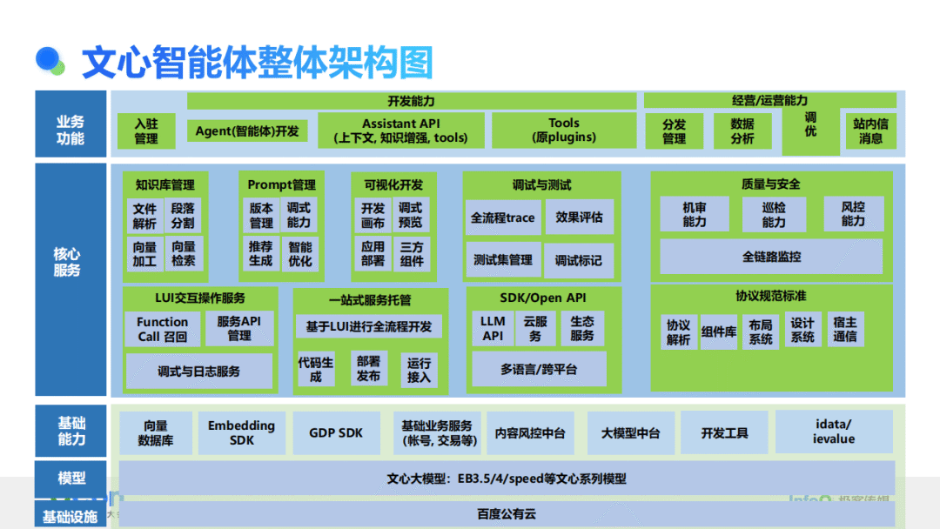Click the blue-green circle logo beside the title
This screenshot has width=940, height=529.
point(50,60)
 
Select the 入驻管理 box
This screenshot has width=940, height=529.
point(146,131)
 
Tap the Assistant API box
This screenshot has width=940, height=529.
point(400,131)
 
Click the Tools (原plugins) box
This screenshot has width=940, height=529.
point(564,131)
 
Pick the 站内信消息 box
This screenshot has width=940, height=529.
point(870,131)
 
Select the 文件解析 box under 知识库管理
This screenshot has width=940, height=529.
point(144,217)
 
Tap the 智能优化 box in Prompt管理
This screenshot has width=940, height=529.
point(300,253)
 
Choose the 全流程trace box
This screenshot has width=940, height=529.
point(502,218)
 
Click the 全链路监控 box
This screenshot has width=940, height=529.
point(771,257)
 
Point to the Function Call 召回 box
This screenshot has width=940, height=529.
point(162,329)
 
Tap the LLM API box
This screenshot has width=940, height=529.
point(493,328)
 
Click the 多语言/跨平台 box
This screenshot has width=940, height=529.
point(538,370)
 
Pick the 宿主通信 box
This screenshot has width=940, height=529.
point(844,329)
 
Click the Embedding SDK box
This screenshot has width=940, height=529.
point(242,432)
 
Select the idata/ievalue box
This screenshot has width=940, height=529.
point(834,432)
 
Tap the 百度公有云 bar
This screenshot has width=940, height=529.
point(507,514)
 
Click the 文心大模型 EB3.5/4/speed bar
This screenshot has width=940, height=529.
point(507,479)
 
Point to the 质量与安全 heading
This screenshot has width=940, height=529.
point(771,184)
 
